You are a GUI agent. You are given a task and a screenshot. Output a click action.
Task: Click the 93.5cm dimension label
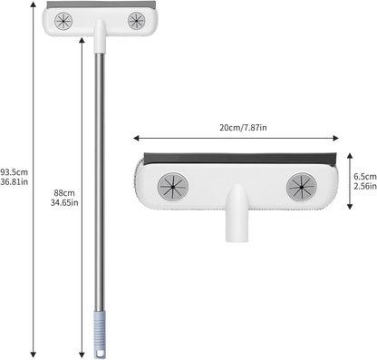coord(14,172)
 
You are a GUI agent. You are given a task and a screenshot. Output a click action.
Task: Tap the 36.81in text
coord(14,181)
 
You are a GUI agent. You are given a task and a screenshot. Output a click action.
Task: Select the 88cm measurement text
coord(64,193)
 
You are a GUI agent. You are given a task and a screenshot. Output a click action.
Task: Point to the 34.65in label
coord(64,202)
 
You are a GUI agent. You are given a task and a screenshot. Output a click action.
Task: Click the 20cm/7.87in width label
coord(243,128)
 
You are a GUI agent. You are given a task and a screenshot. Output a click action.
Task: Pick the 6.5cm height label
coord(365,177)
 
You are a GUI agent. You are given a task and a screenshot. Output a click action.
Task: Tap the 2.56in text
coord(365,186)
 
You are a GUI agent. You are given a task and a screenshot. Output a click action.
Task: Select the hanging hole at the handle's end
coord(100,354)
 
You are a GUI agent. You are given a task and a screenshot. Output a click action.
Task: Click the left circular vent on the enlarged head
coord(173,187)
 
